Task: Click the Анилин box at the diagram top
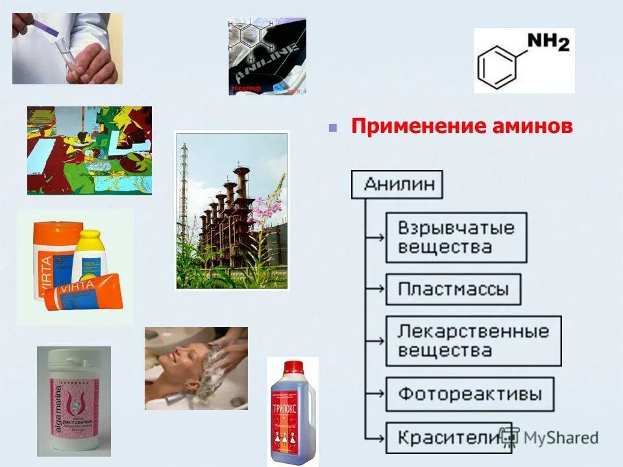pyautogui.click(x=397, y=184)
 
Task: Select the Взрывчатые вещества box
pyautogui.click(x=456, y=237)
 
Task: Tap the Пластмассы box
pyautogui.click(x=453, y=289)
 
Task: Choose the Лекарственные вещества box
pyautogui.click(x=473, y=341)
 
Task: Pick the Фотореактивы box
pyautogui.click(x=470, y=394)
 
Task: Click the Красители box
pyautogui.click(x=441, y=438)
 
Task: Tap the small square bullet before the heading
pyautogui.click(x=333, y=127)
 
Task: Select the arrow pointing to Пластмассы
pyautogui.click(x=375, y=290)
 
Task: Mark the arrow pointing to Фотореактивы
pyautogui.click(x=375, y=394)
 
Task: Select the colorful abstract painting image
pyautogui.click(x=90, y=150)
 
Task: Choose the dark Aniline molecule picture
pyautogui.click(x=267, y=56)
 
